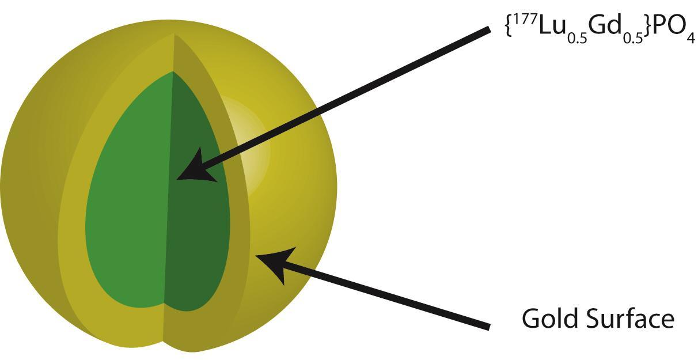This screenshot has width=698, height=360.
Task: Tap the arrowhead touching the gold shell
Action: click(276, 264)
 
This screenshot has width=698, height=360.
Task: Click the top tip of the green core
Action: click(173, 72)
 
